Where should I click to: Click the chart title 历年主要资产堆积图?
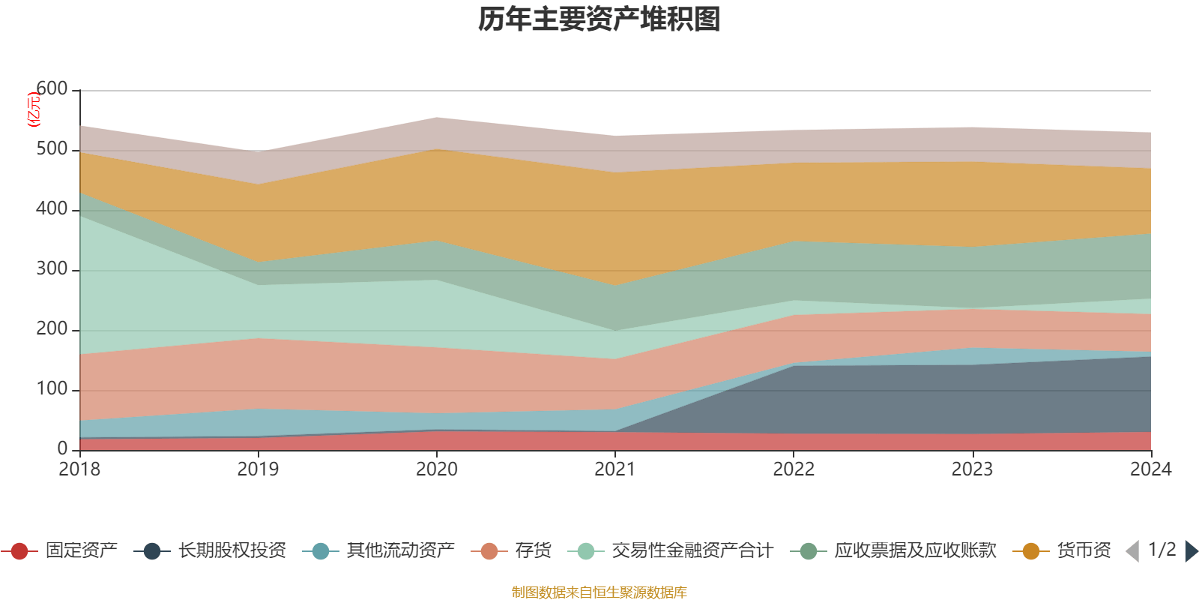[x=599, y=19]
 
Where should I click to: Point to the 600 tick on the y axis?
[x=52, y=89]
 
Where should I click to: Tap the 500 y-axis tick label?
[x=52, y=149]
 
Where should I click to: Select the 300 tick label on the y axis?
[x=52, y=269]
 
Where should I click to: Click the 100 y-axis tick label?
[x=52, y=389]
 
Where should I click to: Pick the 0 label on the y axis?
[x=63, y=448]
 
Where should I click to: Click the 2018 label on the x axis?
[x=79, y=469]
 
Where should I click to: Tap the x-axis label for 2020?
[x=437, y=469]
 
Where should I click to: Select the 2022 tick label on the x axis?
[x=794, y=469]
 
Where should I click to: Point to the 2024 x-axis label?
[x=1150, y=469]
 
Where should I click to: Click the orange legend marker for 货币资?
[x=1030, y=551]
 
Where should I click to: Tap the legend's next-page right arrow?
[x=1191, y=551]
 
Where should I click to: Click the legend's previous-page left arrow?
[x=1132, y=551]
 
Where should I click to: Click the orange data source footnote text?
[x=599, y=592]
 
